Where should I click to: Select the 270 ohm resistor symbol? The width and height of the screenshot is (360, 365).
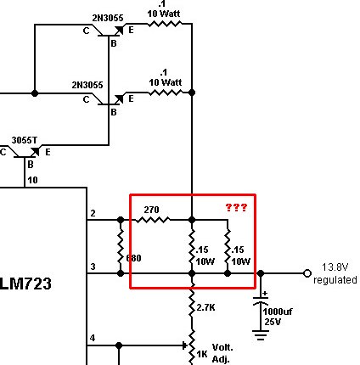tap(152, 221)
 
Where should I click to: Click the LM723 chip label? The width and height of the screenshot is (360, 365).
tap(26, 285)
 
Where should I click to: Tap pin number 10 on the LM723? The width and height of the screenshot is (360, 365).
tap(31, 180)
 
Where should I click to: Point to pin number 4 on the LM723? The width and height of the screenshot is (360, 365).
tap(92, 339)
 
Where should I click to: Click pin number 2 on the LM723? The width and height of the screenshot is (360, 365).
tap(92, 212)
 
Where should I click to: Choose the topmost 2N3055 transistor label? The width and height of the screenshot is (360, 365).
tap(89, 16)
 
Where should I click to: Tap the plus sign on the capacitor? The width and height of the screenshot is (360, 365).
tap(265, 293)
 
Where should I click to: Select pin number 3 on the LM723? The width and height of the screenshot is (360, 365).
tap(92, 267)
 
